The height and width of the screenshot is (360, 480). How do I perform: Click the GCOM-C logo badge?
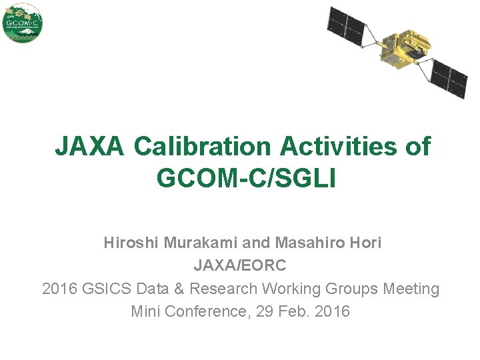pos(23,23)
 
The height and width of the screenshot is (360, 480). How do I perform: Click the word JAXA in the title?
pos(89,146)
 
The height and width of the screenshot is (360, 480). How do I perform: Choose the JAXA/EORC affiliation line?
pos(240,266)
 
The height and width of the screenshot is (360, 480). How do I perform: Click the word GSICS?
pos(107,289)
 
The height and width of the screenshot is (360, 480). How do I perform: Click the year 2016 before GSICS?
pos(59,289)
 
